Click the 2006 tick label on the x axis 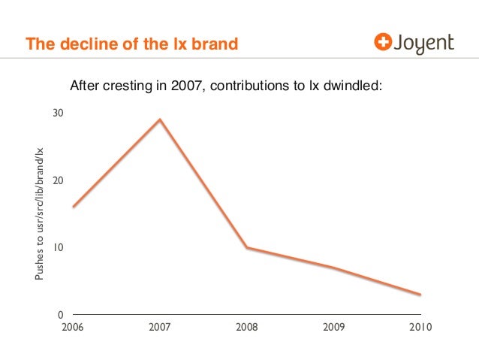tap(74, 328)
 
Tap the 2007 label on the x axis tap(160, 328)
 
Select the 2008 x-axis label tap(247, 328)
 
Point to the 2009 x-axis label tap(334, 328)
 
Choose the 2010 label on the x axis tap(421, 328)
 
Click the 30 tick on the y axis tap(58, 113)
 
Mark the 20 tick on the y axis tap(58, 180)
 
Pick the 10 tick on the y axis tap(58, 247)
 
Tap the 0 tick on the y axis tap(61, 314)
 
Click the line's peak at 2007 tap(160, 119)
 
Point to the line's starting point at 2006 tap(74, 207)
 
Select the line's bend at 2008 tap(247, 247)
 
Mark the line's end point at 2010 tap(420, 295)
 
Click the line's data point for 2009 tap(334, 268)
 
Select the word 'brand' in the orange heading tap(216, 45)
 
